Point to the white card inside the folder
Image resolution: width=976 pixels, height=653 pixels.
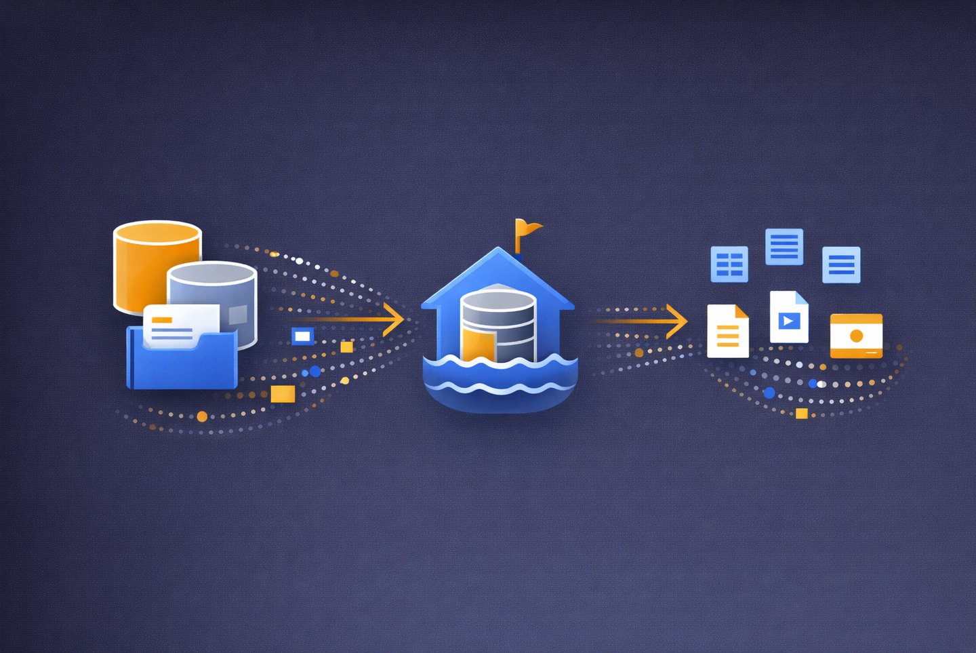click(x=180, y=323)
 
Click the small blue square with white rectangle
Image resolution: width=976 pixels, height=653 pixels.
click(x=302, y=336)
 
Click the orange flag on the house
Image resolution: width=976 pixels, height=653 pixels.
click(x=526, y=229)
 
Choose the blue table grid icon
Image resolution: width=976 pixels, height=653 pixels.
click(x=729, y=264)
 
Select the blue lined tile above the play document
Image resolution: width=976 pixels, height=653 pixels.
click(x=784, y=246)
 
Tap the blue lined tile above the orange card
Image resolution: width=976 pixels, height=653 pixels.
click(x=841, y=264)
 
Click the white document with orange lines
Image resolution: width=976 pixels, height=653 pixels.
click(x=727, y=332)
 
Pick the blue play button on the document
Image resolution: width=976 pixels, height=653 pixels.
click(x=788, y=321)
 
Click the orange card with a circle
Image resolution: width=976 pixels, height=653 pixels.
click(x=856, y=335)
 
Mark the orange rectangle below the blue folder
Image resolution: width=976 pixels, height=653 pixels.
click(x=283, y=394)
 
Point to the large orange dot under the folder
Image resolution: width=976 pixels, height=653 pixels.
click(x=202, y=416)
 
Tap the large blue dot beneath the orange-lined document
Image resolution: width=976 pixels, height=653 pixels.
click(x=769, y=393)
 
